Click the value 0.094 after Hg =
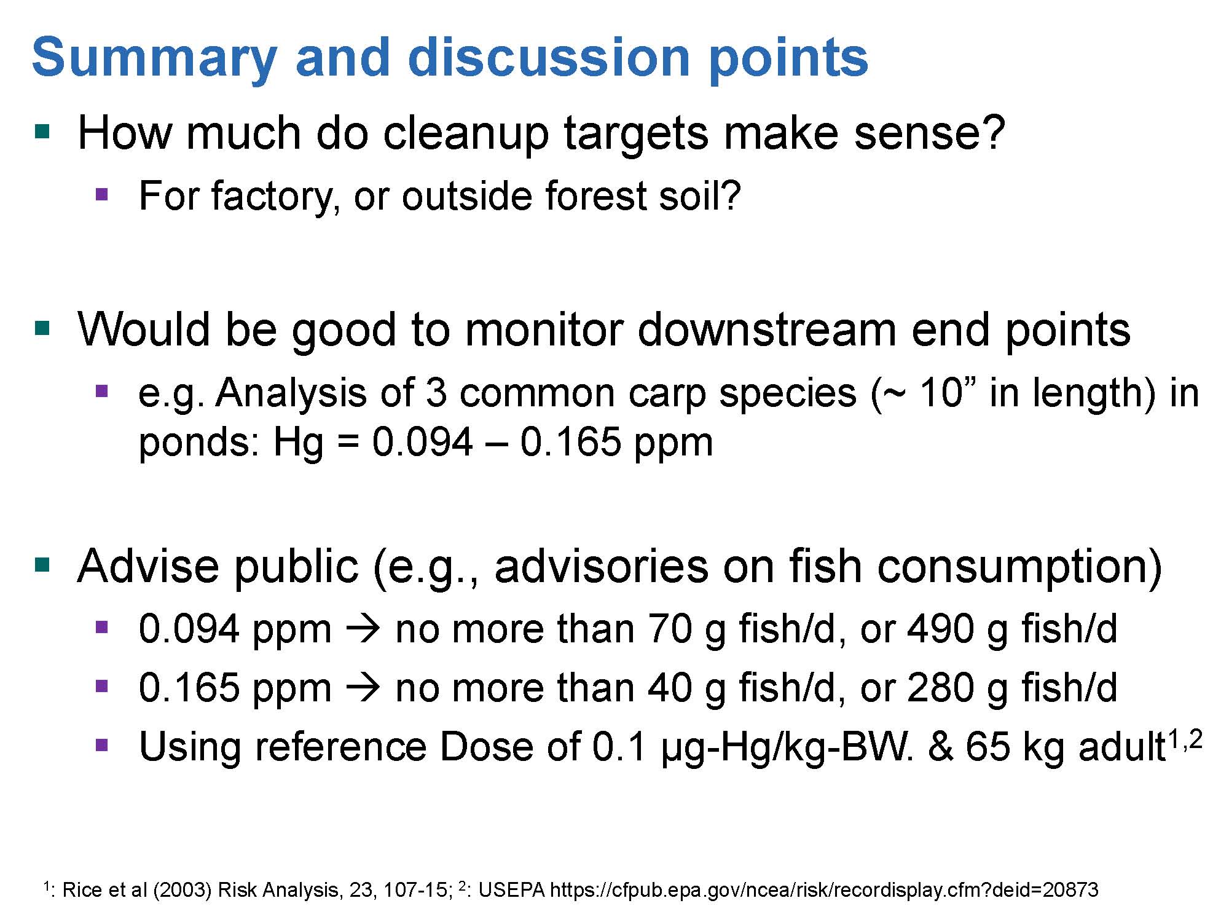(423, 441)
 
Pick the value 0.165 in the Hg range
(571, 441)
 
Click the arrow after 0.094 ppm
(364, 631)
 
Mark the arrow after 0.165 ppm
(364, 689)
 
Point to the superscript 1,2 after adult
(1184, 741)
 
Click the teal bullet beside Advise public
(42, 564)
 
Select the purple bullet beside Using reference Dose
(102, 746)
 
